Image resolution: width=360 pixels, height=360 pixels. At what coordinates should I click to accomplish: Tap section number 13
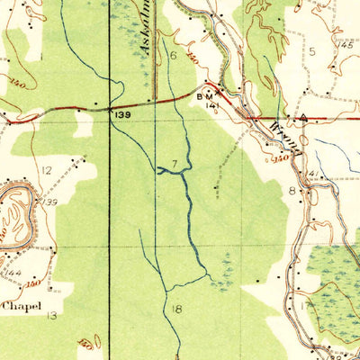[52, 315]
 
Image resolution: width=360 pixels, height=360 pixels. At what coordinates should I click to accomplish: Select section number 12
[46, 169]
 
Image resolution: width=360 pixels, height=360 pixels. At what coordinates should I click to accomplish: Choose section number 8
[292, 191]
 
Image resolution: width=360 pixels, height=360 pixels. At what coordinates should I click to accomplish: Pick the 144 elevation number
[12, 271]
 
